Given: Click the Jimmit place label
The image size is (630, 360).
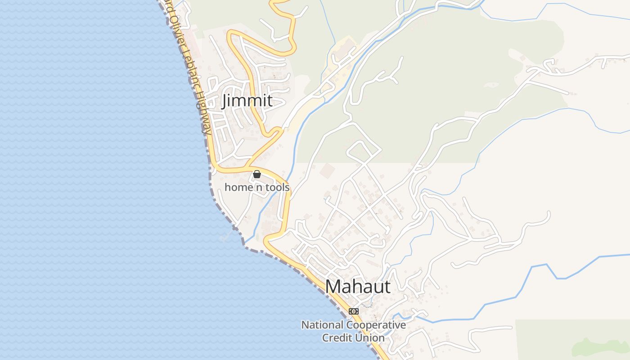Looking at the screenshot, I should pyautogui.click(x=247, y=100).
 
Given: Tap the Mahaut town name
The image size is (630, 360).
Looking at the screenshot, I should pyautogui.click(x=358, y=287).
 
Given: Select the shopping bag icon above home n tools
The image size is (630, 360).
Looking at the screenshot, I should pyautogui.click(x=257, y=174).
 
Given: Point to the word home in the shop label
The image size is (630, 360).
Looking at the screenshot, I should pyautogui.click(x=238, y=187).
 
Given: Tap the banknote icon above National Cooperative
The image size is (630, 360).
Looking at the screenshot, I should pyautogui.click(x=354, y=311).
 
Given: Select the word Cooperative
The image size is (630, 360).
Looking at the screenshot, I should pyautogui.click(x=376, y=325).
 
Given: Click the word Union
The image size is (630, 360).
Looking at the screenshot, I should pyautogui.click(x=370, y=337).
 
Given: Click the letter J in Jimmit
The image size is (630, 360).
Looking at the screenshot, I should pyautogui.click(x=225, y=101).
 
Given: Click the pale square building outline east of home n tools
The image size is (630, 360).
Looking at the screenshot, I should pyautogui.click(x=328, y=170).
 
